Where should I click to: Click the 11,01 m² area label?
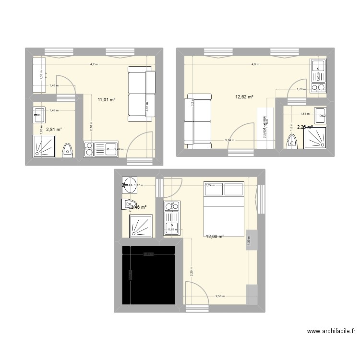(x=107, y=100)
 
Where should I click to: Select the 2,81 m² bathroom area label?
(x=54, y=129)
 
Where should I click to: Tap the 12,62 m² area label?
(x=244, y=96)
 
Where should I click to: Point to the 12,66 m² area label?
(x=215, y=236)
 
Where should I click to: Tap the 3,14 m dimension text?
(x=230, y=140)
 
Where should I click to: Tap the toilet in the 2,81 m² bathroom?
(x=68, y=149)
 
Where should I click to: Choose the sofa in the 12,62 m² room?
(x=197, y=121)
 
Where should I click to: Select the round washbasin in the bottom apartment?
(x=129, y=183)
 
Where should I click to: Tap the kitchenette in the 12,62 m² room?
(x=318, y=75)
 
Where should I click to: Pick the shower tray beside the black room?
(x=141, y=226)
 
